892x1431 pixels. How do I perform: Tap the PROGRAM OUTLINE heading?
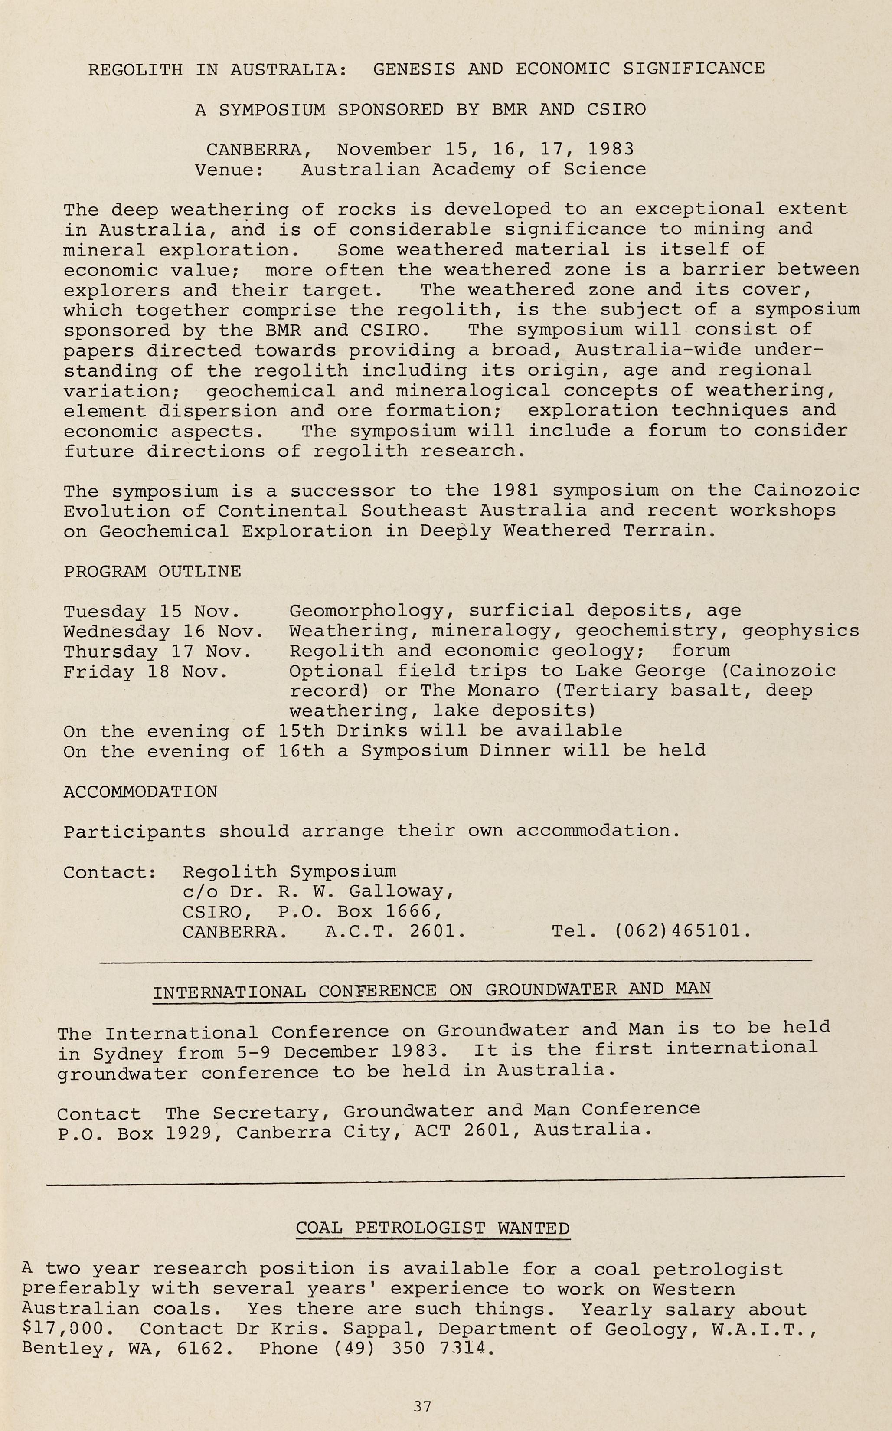pyautogui.click(x=152, y=571)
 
